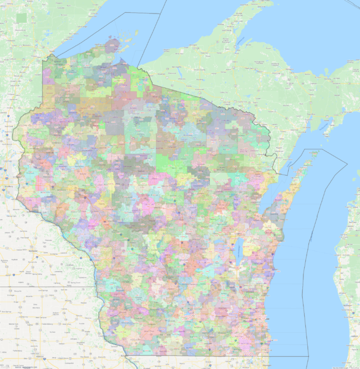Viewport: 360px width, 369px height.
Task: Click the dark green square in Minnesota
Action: click(23, 17)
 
